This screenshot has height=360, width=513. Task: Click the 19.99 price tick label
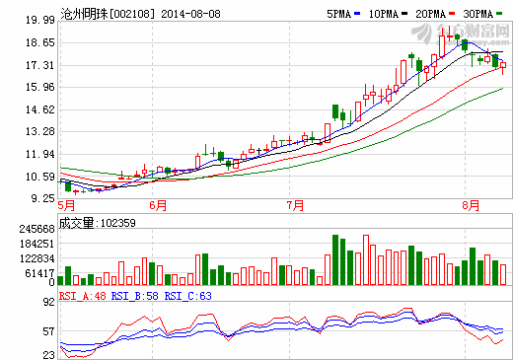tap(39, 20)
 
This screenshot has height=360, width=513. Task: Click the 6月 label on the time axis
tap(157, 205)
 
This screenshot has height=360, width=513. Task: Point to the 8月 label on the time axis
tap(472, 205)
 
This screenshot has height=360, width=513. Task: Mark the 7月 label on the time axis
tap(294, 205)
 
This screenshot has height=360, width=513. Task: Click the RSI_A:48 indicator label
tap(83, 294)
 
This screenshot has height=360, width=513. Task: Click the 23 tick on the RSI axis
tap(47, 352)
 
